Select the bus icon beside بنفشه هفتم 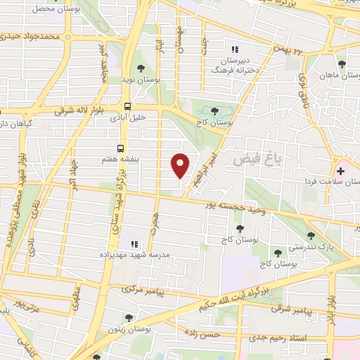click(121, 149)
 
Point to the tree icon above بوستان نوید click(141, 69)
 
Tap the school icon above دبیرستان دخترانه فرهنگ click(236, 49)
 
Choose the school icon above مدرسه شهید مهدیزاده click(134, 244)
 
